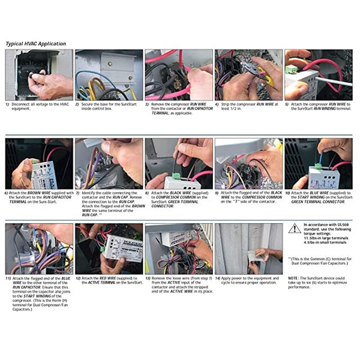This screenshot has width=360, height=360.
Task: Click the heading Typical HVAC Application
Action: click(x=36, y=44)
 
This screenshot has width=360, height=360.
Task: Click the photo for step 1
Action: click(x=39, y=74)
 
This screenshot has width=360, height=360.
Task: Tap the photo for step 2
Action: click(x=109, y=74)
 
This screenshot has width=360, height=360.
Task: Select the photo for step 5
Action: click(x=318, y=74)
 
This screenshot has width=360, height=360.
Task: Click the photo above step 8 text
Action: click(x=178, y=164)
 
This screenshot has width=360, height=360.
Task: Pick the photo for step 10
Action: click(x=318, y=164)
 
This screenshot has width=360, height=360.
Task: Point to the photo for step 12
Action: click(x=109, y=249)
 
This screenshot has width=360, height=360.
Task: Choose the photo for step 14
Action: click(x=248, y=249)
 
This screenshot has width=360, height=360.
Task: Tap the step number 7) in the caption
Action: click(x=77, y=194)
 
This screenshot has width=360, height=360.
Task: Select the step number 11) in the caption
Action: click(x=8, y=278)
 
